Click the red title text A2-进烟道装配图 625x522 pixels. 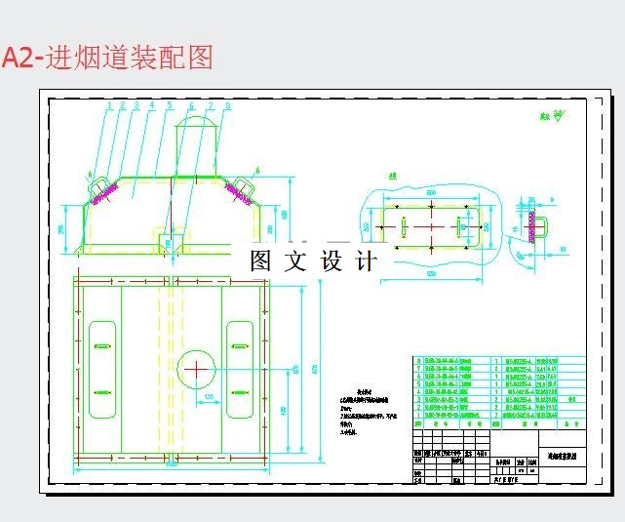(x=107, y=58)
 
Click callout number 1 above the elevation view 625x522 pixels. (x=110, y=104)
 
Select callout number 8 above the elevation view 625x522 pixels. (x=227, y=104)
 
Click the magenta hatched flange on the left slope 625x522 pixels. (x=103, y=195)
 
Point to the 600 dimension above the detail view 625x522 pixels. (x=430, y=191)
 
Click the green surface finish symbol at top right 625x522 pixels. (x=559, y=119)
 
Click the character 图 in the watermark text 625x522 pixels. (x=260, y=261)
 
